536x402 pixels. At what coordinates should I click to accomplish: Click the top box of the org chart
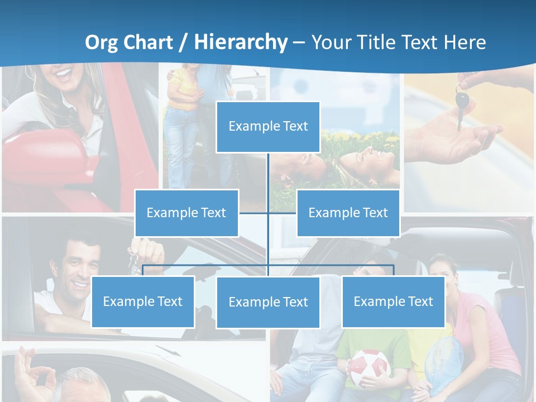click(x=268, y=127)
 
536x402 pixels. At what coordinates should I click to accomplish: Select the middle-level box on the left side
click(x=186, y=213)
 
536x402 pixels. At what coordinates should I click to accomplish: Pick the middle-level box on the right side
click(x=348, y=213)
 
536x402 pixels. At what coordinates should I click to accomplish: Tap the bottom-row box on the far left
click(x=143, y=301)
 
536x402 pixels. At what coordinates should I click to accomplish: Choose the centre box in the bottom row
click(x=268, y=302)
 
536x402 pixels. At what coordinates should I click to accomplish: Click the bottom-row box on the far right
click(x=393, y=301)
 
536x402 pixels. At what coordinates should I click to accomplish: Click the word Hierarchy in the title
click(x=241, y=42)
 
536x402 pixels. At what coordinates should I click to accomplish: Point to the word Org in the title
click(x=101, y=42)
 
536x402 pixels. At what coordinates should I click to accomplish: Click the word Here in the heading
click(x=465, y=42)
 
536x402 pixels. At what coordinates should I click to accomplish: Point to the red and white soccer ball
click(x=368, y=368)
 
